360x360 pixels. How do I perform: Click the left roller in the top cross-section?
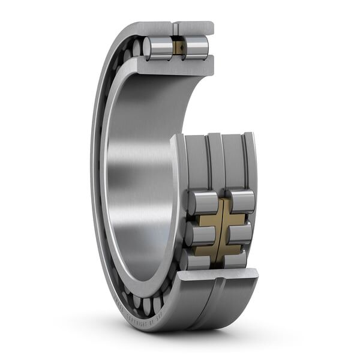point(158,48)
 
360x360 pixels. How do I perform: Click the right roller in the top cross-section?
point(196,47)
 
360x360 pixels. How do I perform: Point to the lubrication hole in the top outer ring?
point(175,28)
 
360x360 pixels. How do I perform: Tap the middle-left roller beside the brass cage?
point(199,234)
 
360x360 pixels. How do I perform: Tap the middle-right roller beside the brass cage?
point(238,233)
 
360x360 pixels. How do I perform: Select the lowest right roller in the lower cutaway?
point(235,260)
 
